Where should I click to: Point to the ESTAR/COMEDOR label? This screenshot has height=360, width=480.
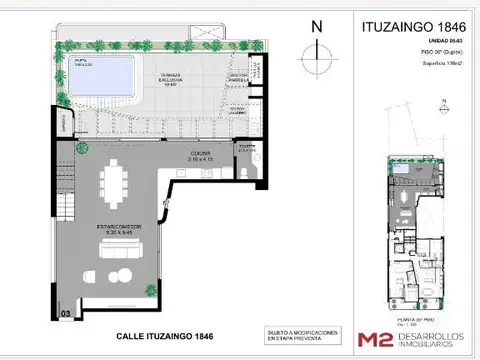point(112,230)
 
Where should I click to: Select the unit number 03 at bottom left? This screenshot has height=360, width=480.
point(65,314)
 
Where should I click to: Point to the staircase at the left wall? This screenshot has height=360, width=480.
point(67,195)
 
